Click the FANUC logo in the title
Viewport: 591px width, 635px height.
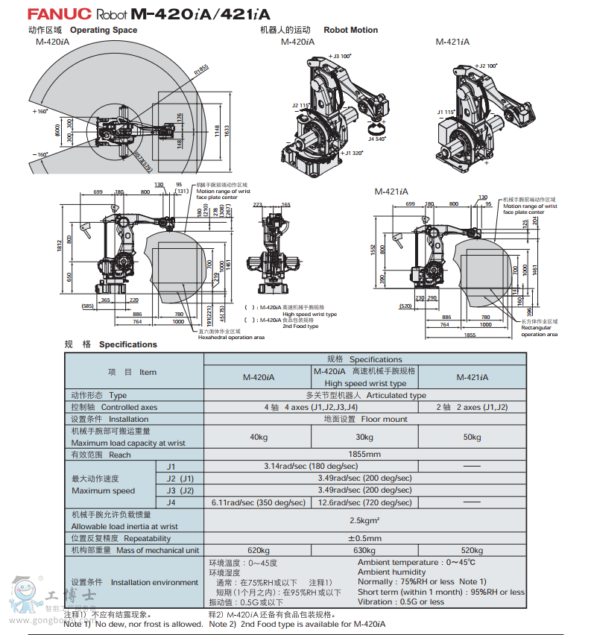pyautogui.click(x=59, y=14)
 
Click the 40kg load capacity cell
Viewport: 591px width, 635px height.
pyautogui.click(x=258, y=437)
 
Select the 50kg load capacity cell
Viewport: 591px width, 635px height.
pyautogui.click(x=472, y=437)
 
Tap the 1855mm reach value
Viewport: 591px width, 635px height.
pyautogui.click(x=364, y=455)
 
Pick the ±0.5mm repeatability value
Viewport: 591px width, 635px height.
pyautogui.click(x=364, y=538)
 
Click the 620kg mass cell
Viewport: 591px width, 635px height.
pyautogui.click(x=258, y=550)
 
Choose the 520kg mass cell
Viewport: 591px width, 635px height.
pyautogui.click(x=472, y=550)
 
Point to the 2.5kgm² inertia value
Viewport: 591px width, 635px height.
pyautogui.click(x=364, y=520)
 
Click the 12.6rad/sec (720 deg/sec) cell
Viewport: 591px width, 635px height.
pyautogui.click(x=364, y=502)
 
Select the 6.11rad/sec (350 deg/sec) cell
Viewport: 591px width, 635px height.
pyautogui.click(x=258, y=502)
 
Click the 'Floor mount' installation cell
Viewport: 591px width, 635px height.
pyautogui.click(x=364, y=419)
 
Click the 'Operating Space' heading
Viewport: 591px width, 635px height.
pyautogui.click(x=104, y=30)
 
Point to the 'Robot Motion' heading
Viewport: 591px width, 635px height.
pyautogui.click(x=350, y=30)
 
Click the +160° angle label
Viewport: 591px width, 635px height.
pyautogui.click(x=39, y=111)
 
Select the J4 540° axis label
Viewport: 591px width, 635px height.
pyautogui.click(x=377, y=139)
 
